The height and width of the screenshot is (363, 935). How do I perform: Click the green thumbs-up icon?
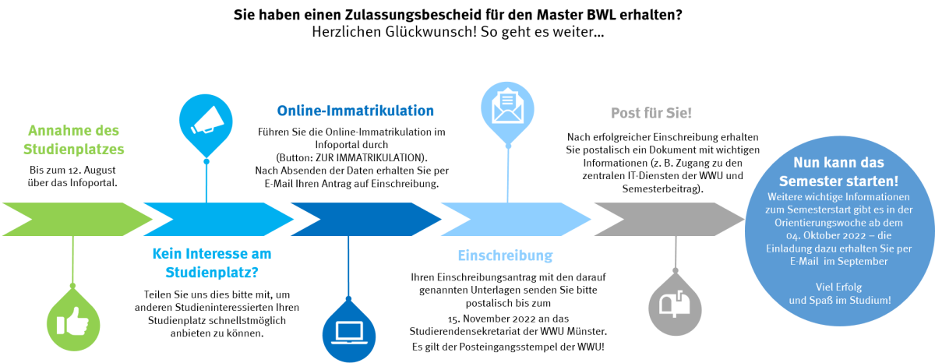click(x=73, y=321)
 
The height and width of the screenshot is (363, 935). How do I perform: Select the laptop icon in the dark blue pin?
click(x=348, y=331)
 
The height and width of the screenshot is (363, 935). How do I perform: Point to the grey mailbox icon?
click(x=675, y=303)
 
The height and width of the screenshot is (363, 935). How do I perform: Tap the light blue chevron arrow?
click(x=515, y=219)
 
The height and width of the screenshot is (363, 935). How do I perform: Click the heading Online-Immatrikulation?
click(x=355, y=111)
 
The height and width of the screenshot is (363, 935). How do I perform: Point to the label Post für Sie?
click(x=651, y=113)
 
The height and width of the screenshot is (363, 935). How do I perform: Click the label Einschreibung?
click(x=505, y=256)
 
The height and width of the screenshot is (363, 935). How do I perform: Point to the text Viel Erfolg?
click(x=838, y=287)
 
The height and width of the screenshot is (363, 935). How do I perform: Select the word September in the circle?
click(x=864, y=261)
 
